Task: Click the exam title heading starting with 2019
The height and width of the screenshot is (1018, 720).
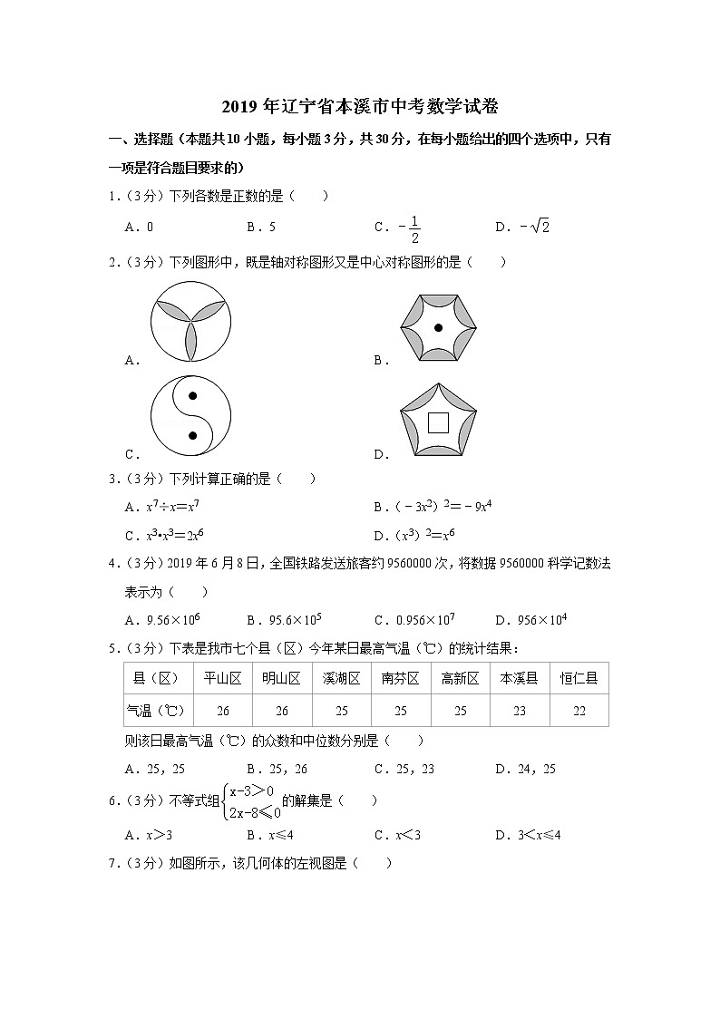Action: [x=360, y=107]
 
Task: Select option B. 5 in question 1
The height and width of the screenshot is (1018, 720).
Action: [x=261, y=227]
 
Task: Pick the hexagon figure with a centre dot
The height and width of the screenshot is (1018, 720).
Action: [x=438, y=326]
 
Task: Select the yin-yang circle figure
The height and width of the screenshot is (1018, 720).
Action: [x=190, y=416]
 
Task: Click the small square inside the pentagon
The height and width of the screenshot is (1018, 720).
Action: [x=438, y=422]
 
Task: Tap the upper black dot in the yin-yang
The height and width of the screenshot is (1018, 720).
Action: [x=191, y=396]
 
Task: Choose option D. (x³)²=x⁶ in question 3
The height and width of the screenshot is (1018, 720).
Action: [x=414, y=534]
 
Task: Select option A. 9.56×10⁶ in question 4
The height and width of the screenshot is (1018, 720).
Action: [x=163, y=620]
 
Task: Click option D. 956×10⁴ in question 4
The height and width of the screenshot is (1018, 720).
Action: [x=531, y=620]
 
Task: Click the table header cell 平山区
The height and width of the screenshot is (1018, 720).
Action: [x=222, y=678]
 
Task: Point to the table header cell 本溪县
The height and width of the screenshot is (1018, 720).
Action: [x=520, y=678]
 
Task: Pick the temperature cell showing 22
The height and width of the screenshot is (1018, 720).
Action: [x=579, y=712]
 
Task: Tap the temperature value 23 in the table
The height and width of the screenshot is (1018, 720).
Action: [x=520, y=712]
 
